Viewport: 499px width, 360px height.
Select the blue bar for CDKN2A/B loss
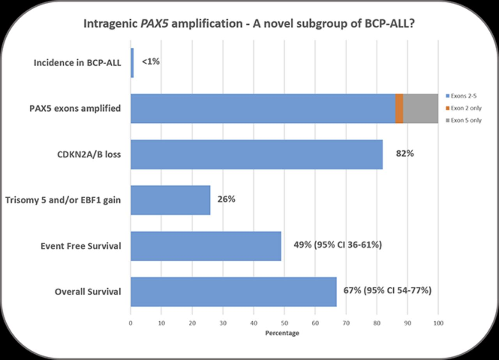[257, 154]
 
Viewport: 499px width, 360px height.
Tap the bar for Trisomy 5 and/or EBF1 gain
[170, 200]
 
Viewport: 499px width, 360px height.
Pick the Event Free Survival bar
[206, 246]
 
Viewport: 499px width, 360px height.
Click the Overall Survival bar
[234, 292]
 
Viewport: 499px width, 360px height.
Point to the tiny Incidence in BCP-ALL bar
[132, 63]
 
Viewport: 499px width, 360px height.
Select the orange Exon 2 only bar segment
[399, 109]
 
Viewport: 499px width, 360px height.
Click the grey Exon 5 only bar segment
[421, 109]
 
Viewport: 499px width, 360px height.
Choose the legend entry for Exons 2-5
[462, 96]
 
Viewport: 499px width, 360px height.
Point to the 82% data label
[405, 154]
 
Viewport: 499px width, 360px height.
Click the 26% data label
[226, 199]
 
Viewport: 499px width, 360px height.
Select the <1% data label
[150, 62]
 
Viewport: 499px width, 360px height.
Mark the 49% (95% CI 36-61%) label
[337, 245]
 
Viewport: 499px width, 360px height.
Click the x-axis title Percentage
[282, 333]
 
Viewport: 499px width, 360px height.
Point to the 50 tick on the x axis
[284, 323]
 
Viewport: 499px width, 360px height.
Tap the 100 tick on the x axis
[438, 323]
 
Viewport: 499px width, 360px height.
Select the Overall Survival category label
[88, 292]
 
